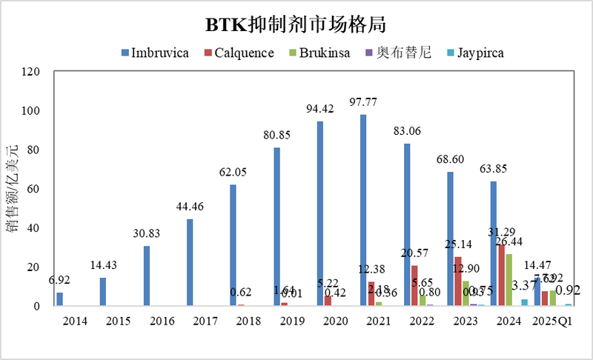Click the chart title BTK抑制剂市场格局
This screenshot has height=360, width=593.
[296, 24]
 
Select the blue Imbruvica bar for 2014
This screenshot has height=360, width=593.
[59, 299]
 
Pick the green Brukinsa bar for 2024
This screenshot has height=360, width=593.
[508, 279]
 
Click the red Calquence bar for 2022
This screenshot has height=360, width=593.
[414, 285]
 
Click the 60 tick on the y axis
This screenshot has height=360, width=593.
[32, 189]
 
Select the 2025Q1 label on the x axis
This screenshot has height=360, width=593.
[550, 321]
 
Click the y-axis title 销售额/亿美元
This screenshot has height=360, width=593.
[13, 189]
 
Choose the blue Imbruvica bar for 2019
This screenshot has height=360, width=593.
[276, 226]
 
